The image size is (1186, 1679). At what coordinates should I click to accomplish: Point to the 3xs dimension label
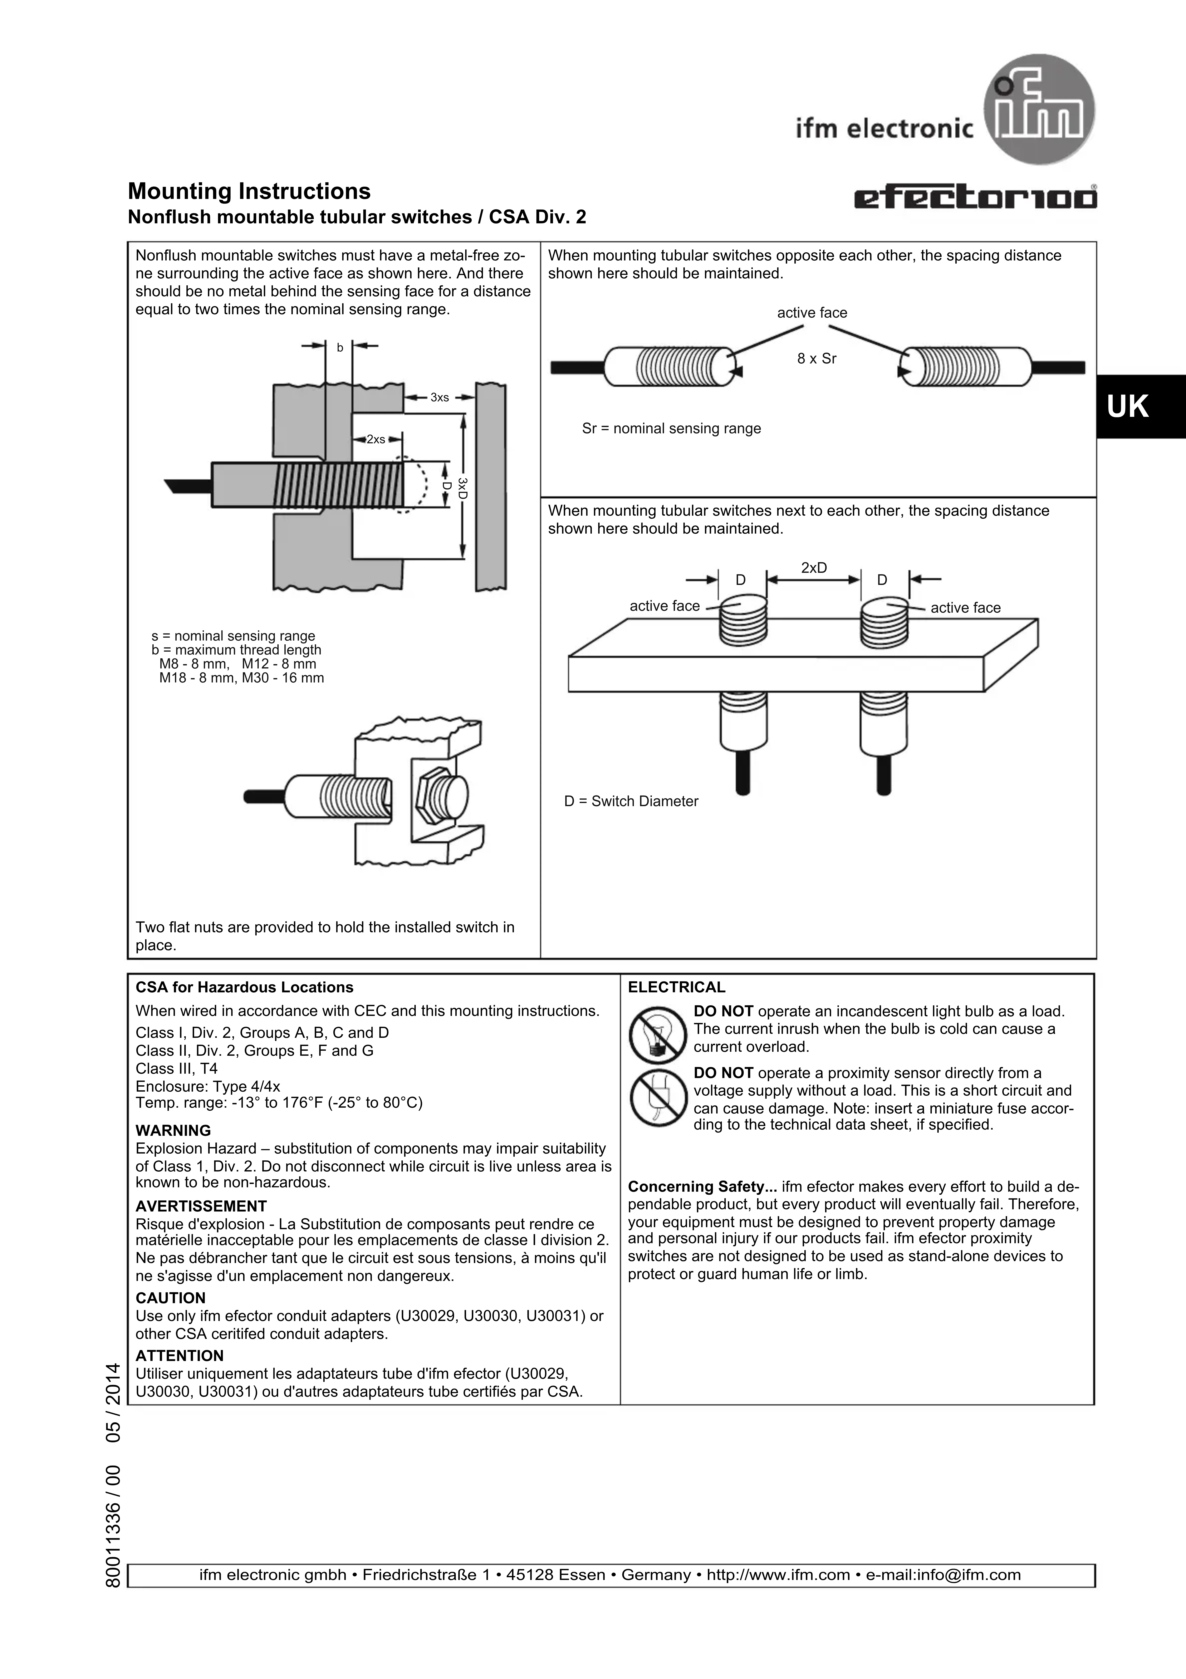coord(440,398)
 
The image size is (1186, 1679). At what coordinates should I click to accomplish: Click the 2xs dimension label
coord(376,440)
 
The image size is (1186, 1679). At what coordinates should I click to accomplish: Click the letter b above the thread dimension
coord(339,348)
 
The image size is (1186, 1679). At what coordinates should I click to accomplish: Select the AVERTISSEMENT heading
coord(201,1206)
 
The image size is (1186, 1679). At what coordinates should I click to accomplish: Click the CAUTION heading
coord(170,1298)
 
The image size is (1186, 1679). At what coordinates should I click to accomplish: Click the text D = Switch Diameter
coord(631,802)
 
